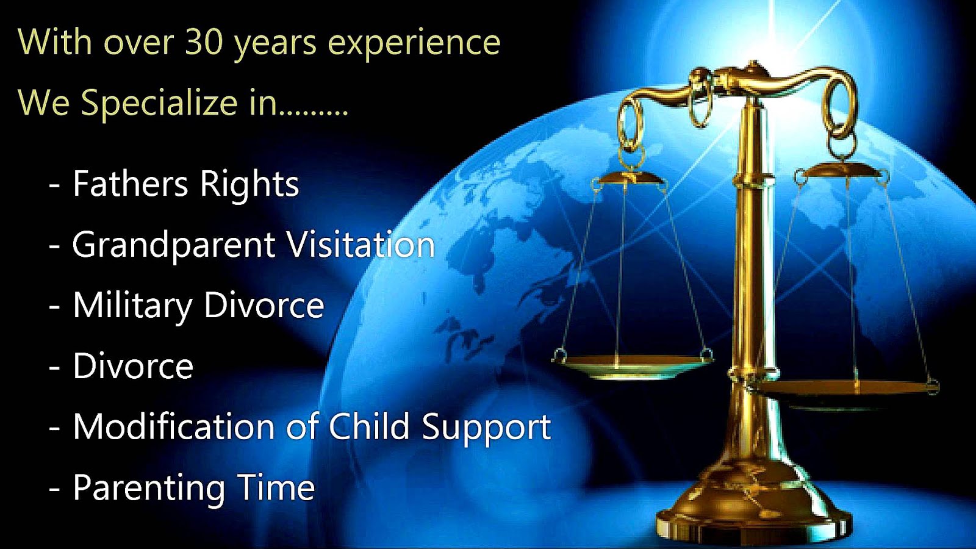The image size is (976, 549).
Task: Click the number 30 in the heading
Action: pyautogui.click(x=204, y=43)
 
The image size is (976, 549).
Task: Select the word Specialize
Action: pyautogui.click(x=159, y=102)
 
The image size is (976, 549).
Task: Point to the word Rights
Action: pyautogui.click(x=249, y=185)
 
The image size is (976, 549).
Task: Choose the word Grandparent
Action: pyautogui.click(x=174, y=246)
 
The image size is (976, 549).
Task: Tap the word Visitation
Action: pyautogui.click(x=361, y=245)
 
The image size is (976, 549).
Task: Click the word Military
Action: pyautogui.click(x=132, y=306)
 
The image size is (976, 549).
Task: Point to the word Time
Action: pyautogui.click(x=276, y=487)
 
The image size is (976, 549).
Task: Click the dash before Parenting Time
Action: pyautogui.click(x=54, y=489)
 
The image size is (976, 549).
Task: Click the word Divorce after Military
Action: pyautogui.click(x=264, y=305)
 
